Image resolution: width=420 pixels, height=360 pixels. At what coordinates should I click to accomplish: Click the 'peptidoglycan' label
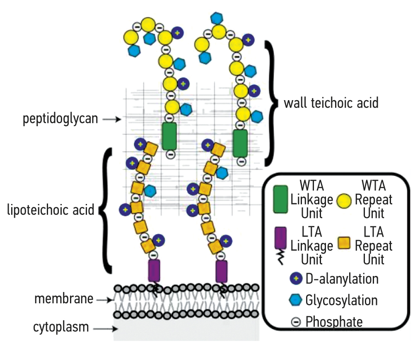[x=60, y=119]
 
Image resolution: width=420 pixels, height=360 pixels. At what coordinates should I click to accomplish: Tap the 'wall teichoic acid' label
[x=331, y=102]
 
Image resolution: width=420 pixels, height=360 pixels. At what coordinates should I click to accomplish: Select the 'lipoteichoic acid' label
[x=51, y=210]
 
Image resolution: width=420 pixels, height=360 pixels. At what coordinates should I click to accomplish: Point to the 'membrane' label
[x=64, y=299]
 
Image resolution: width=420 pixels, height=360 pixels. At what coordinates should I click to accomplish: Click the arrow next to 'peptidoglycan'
[x=111, y=120]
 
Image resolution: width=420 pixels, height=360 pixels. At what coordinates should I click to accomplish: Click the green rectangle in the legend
[x=280, y=199]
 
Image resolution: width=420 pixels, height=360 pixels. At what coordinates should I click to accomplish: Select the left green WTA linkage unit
[x=169, y=136]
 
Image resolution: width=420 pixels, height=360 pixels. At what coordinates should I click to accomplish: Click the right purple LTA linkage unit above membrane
[x=222, y=271]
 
